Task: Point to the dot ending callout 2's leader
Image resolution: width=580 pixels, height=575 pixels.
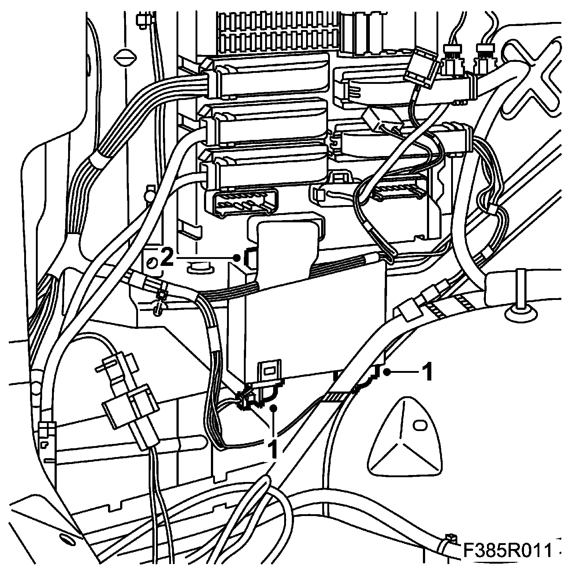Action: coord(237,258)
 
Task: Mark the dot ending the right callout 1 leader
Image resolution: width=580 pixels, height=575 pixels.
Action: coord(387,372)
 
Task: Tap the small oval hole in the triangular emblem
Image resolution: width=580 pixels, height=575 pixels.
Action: coord(420,425)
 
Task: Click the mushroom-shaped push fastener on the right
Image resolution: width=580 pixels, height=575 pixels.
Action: coord(520,308)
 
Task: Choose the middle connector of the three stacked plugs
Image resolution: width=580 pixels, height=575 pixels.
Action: coord(267,123)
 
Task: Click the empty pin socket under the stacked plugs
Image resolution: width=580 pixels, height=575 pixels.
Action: coord(243,203)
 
